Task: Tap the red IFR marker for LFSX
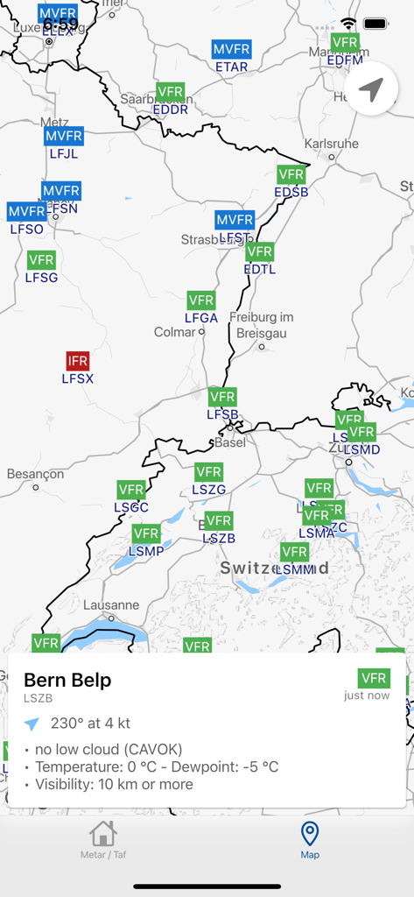tap(78, 361)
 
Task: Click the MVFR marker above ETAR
tap(231, 50)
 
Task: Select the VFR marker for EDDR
tap(170, 92)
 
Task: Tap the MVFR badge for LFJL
tap(63, 136)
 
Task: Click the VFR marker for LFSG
tap(41, 260)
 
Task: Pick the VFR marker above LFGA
tap(201, 300)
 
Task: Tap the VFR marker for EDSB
tap(291, 174)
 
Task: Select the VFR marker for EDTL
tap(260, 252)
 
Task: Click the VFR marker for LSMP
tap(146, 533)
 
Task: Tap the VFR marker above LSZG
tap(208, 472)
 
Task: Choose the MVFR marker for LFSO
tap(26, 212)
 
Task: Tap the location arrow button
tap(372, 89)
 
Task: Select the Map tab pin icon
tap(310, 833)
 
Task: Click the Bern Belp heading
tap(67, 680)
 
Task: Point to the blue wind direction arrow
tap(32, 724)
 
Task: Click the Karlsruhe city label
tap(331, 144)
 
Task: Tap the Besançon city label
tap(35, 474)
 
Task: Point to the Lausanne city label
tap(111, 605)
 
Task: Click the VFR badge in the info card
tap(374, 678)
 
